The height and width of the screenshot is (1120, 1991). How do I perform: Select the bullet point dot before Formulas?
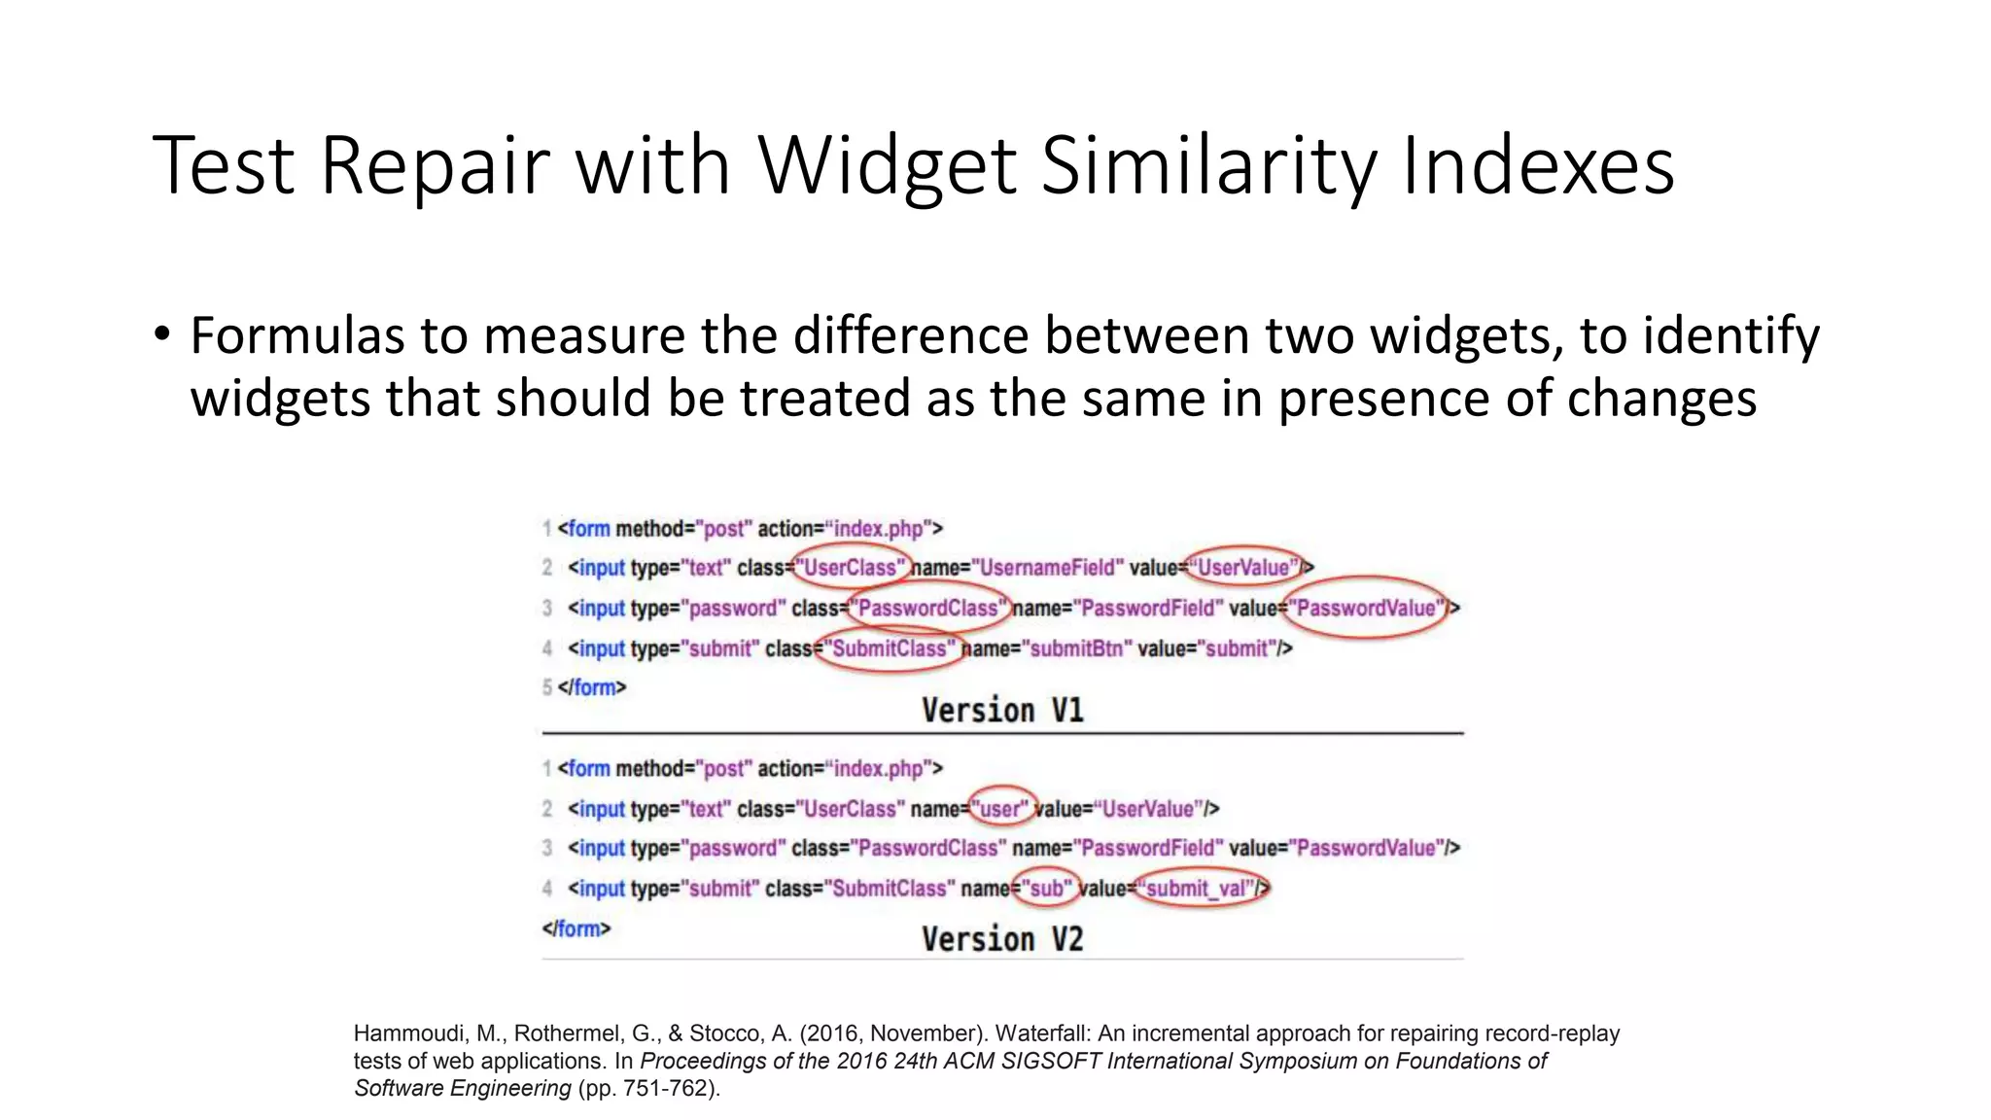[x=161, y=334]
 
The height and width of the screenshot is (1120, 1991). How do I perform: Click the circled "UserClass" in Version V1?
[x=852, y=567]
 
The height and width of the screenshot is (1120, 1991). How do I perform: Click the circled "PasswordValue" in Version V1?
[x=1365, y=609]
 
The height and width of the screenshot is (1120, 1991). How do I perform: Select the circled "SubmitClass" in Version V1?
[x=889, y=648]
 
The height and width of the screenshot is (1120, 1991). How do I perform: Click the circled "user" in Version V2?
[x=1001, y=809]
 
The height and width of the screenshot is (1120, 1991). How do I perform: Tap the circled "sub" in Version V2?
[x=1046, y=889]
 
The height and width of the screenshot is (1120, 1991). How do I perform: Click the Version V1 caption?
[x=1002, y=711]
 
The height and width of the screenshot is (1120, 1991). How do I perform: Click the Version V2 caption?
[x=1002, y=939]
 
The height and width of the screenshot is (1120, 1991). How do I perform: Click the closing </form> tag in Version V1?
[x=592, y=687]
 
